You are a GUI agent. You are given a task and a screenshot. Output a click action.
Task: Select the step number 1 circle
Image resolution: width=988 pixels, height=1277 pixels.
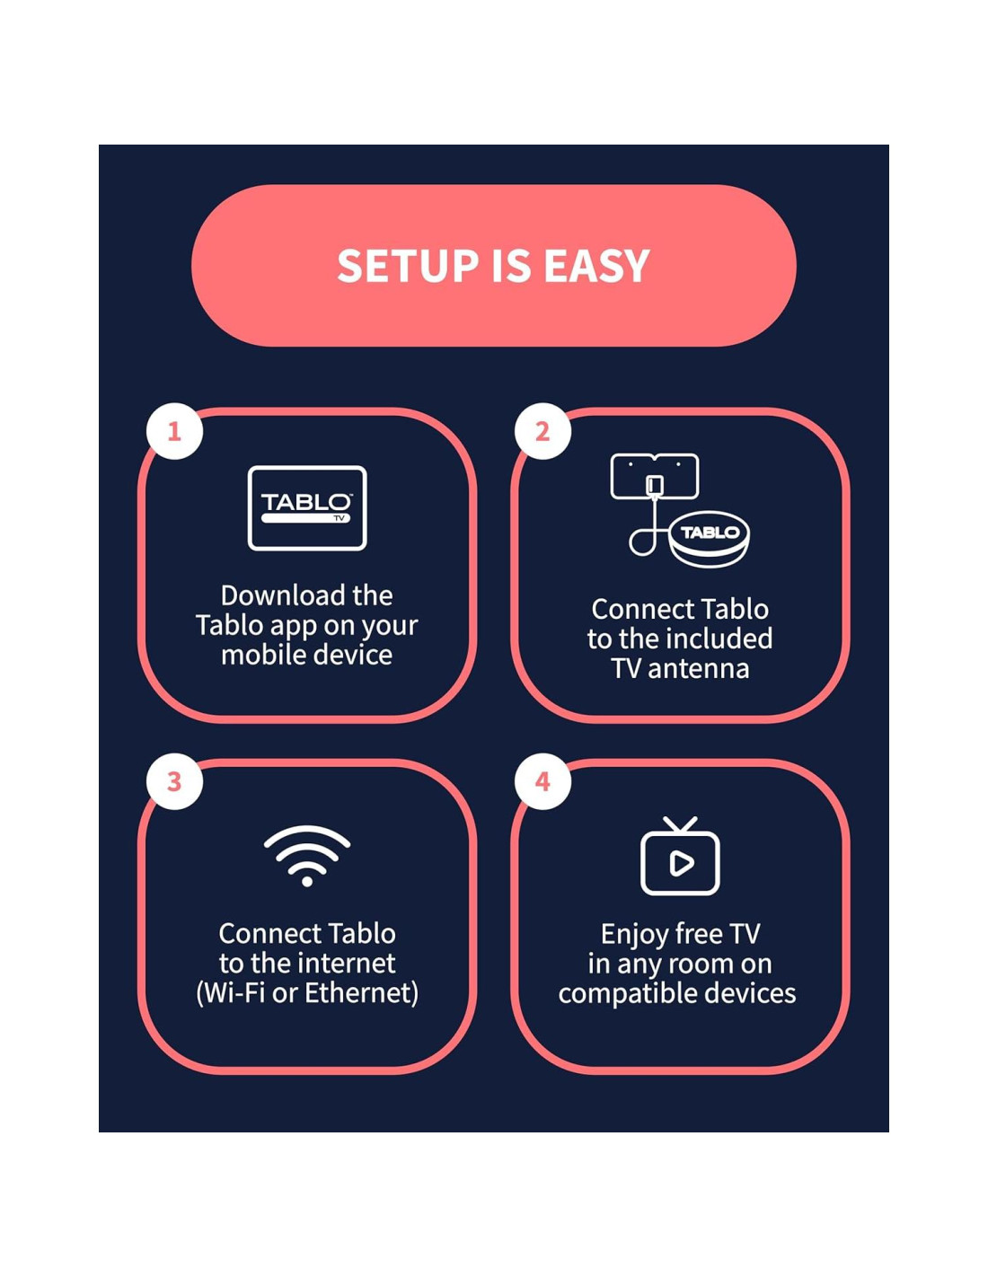[174, 431]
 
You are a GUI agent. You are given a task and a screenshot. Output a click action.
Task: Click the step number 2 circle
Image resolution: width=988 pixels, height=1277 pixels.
[543, 431]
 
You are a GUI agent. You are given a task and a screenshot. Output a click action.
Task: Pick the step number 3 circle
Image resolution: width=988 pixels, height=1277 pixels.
[174, 781]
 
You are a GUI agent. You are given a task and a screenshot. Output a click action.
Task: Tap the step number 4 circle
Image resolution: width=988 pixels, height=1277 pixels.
[543, 781]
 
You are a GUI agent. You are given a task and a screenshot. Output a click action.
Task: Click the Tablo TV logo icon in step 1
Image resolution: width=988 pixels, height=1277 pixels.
[307, 507]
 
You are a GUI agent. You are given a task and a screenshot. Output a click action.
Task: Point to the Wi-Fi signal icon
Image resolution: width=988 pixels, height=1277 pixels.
[307, 856]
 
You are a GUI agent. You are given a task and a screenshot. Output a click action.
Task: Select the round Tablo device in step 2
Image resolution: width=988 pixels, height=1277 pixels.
[710, 539]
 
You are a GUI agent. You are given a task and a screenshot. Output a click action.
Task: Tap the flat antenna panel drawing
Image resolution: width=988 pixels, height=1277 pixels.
[654, 476]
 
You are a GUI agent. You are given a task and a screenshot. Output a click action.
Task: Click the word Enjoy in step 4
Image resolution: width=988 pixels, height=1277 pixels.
[629, 935]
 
